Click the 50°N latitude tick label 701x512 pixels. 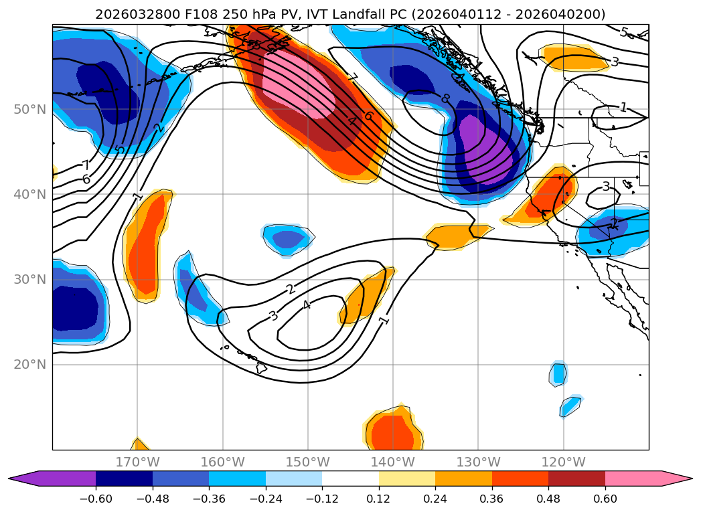29,109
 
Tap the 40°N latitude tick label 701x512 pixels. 29,195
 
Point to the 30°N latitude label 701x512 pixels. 29,280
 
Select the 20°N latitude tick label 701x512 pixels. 29,365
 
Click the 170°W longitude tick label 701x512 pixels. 137,462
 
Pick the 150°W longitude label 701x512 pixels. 308,462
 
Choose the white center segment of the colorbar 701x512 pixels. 350,479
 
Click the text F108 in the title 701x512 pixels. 173,14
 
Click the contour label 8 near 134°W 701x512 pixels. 445,99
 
